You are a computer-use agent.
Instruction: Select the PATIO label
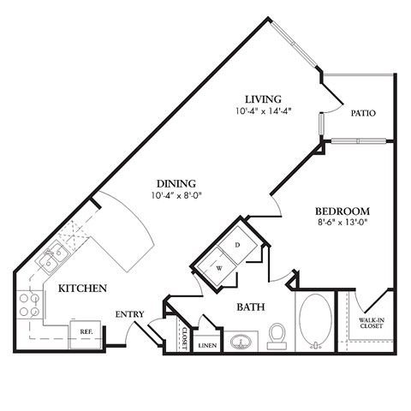click(363, 113)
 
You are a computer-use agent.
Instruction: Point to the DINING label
click(176, 183)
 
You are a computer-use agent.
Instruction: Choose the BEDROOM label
click(342, 211)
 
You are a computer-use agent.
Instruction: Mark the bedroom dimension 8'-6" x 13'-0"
click(342, 223)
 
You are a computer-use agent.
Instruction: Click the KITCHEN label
click(82, 289)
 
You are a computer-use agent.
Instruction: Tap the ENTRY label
click(129, 314)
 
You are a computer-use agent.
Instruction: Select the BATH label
click(250, 306)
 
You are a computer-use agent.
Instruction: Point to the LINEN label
click(207, 345)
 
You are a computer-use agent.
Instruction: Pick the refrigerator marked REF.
click(86, 331)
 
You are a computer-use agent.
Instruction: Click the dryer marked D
click(237, 244)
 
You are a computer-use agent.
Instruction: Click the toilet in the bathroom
click(277, 334)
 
